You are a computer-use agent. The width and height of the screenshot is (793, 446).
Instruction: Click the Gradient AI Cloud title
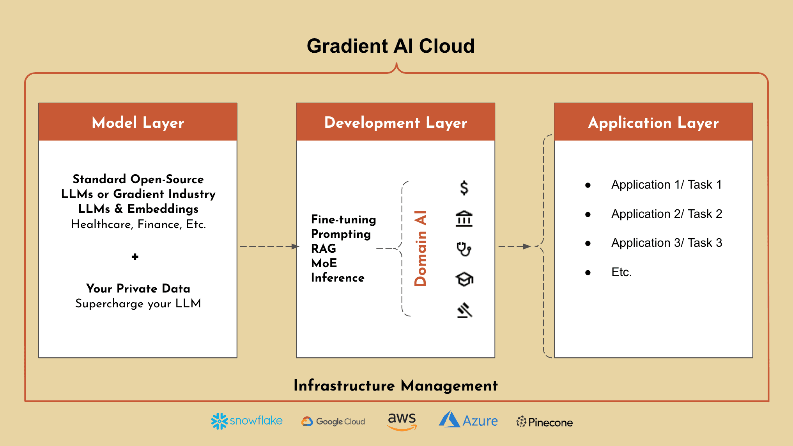(390, 46)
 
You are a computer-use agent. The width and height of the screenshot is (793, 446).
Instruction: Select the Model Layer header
(138, 122)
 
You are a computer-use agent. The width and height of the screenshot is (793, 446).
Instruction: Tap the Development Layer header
(395, 122)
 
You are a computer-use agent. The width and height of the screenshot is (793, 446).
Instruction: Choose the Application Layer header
(653, 122)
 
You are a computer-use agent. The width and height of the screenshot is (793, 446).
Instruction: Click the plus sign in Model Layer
(135, 257)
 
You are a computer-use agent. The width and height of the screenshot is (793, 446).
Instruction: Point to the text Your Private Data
(138, 288)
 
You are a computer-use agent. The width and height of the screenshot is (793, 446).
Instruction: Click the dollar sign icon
(464, 188)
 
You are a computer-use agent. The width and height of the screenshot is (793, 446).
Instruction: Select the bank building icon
(464, 219)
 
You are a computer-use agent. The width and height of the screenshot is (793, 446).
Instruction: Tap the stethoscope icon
(464, 249)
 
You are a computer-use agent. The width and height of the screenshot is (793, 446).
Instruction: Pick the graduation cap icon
(464, 279)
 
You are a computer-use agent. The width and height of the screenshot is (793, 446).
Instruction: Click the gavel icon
(464, 310)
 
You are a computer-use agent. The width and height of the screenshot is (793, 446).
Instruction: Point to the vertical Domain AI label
(420, 248)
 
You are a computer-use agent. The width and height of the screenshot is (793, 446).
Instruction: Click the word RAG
(323, 248)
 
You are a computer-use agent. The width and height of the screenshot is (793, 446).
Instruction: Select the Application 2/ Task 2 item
(666, 214)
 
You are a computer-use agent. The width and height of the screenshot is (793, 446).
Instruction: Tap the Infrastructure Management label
(395, 385)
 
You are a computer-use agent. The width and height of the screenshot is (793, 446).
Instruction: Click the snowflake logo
(246, 421)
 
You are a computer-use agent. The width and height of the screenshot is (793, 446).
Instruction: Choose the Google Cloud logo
(333, 421)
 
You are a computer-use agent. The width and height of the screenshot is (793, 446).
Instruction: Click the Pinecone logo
(544, 422)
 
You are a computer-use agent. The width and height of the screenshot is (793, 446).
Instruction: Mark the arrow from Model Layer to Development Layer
(269, 246)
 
